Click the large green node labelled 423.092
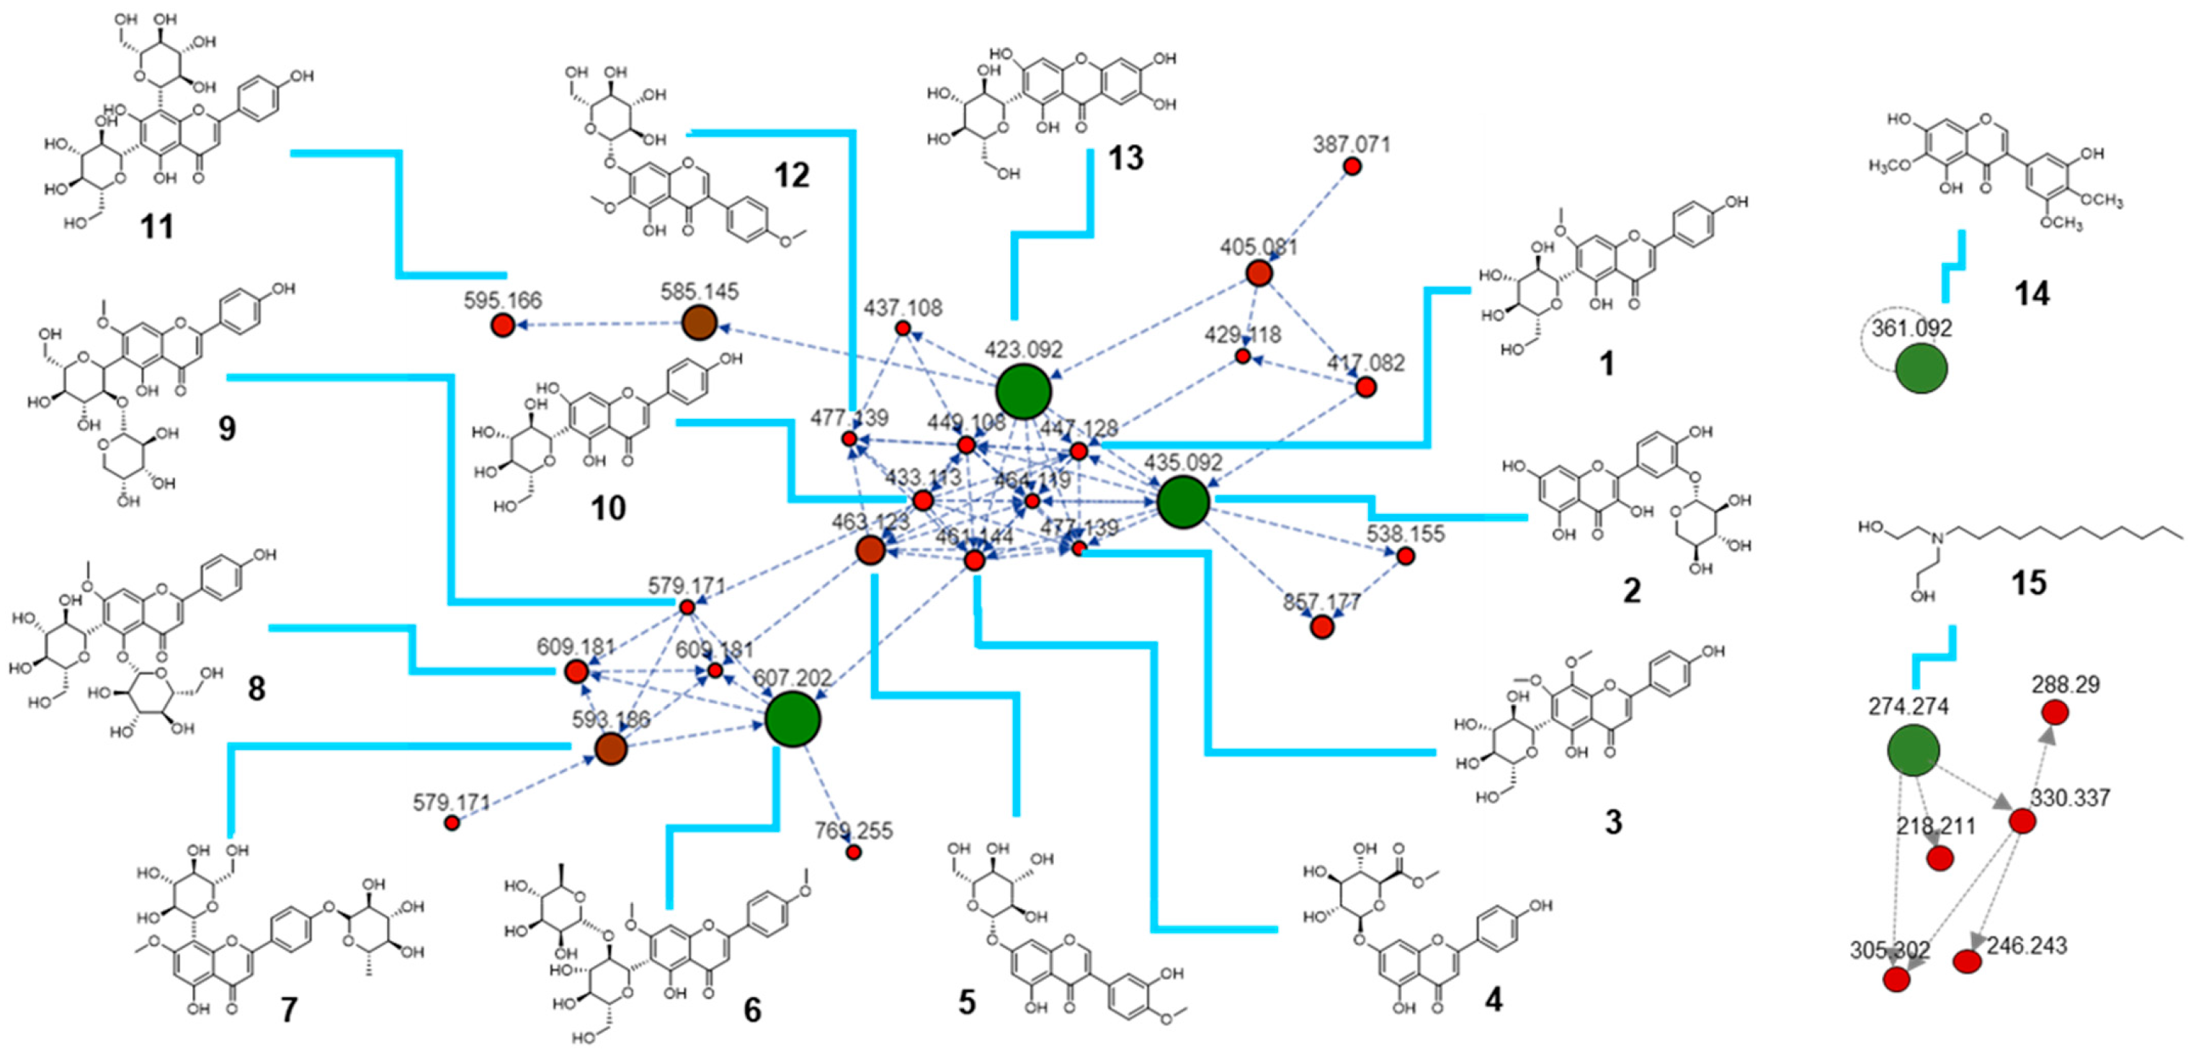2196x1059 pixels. pos(1023,391)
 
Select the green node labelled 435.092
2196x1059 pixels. pos(1183,501)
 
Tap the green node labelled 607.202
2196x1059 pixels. pos(793,719)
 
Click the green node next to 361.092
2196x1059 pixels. pos(1922,368)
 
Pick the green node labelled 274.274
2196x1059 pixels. pos(1913,750)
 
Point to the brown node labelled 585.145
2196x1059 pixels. pos(700,323)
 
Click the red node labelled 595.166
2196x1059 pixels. pos(503,325)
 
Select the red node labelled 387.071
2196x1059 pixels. pos(1352,167)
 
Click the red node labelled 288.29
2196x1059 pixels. pos(2056,712)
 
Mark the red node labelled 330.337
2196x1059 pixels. pos(2023,821)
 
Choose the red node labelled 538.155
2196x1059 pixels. pos(1406,556)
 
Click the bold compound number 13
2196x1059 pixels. pos(1125,158)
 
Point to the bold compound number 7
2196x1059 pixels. pos(289,1009)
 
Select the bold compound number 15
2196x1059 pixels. pos(2028,583)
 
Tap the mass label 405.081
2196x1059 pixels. pos(1258,247)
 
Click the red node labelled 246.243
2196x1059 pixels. pos(1967,962)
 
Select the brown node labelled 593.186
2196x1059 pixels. pos(611,748)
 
